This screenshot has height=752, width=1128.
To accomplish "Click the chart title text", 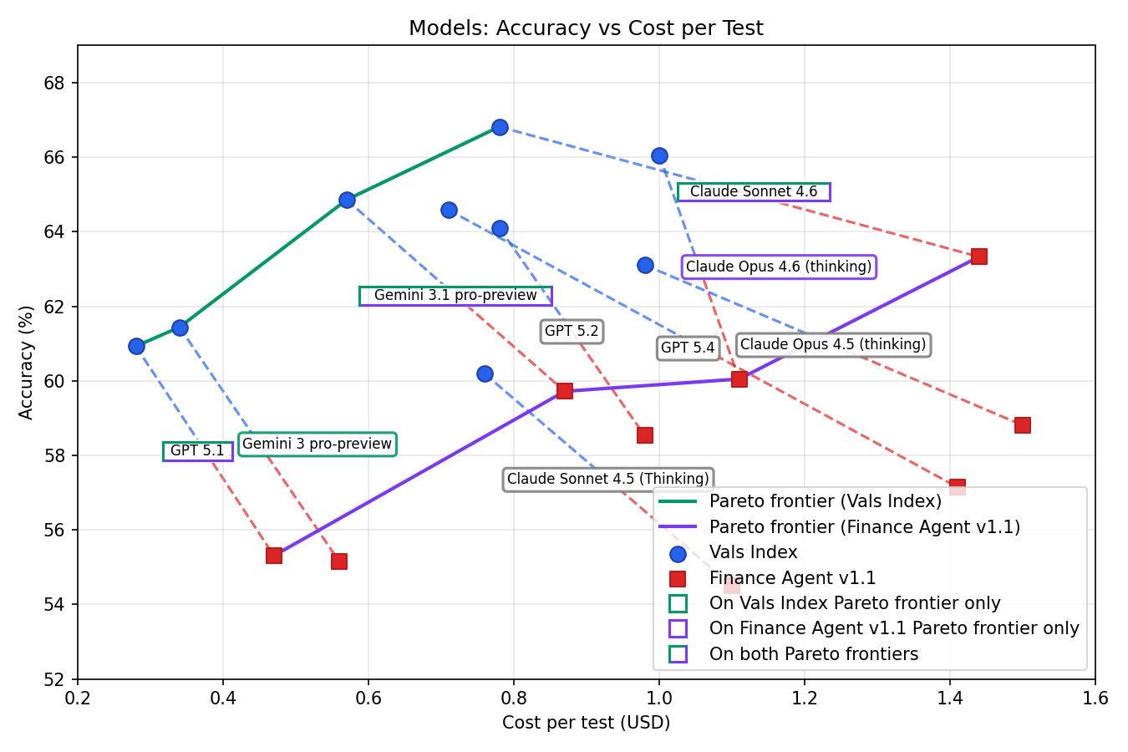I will coord(585,28).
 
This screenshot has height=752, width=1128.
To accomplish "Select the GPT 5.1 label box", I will coord(197,451).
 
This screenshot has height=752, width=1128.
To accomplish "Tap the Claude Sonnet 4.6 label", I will coord(753,191).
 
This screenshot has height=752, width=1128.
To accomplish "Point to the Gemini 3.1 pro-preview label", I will coord(455,295).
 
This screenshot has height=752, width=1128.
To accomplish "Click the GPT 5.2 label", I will coord(572,331).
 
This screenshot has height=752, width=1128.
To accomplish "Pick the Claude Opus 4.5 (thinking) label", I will coord(833,344).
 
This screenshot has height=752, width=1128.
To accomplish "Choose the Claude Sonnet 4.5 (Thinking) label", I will coord(607,479).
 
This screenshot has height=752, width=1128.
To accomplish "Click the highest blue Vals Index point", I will coord(500,127).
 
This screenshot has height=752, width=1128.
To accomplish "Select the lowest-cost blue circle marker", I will coord(136,346).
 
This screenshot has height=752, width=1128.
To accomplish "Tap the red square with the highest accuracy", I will coord(978,256).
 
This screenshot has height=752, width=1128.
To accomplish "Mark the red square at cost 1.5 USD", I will coord(1022,425).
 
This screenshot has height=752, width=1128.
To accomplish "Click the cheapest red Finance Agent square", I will coord(273,556).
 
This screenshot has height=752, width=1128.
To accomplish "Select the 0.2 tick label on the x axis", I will coord(78,698).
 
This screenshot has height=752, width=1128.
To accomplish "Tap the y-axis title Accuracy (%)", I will coord(27,362).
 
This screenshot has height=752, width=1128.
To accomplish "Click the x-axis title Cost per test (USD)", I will coord(586,723).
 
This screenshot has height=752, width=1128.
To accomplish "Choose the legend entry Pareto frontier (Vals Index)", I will coord(825,501).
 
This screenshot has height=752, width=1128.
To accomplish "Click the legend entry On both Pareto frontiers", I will coord(813,654).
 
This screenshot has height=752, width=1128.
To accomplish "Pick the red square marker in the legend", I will coord(678,578).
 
